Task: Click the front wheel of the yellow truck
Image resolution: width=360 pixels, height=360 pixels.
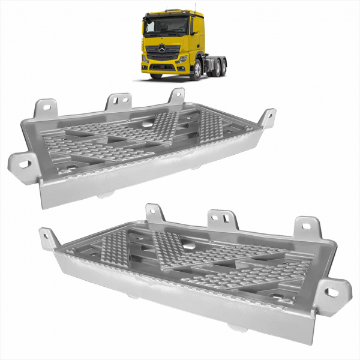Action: [197, 71]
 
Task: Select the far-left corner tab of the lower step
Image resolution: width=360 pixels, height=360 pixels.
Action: [49, 238]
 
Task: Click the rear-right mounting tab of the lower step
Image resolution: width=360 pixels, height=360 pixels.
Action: [307, 226]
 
